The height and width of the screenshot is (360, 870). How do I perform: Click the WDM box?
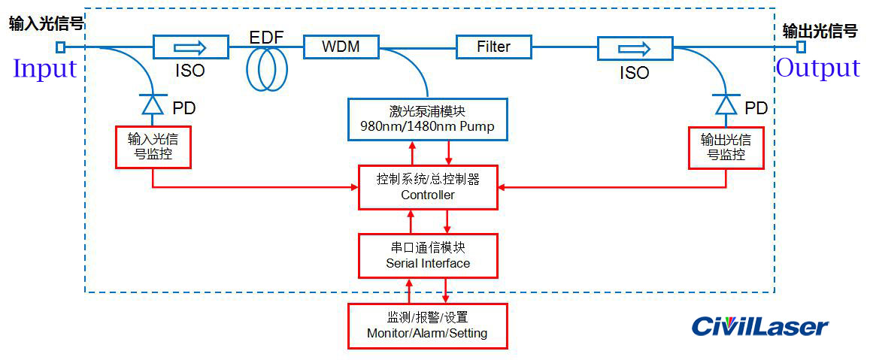341,47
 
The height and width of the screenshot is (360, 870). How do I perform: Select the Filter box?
493,47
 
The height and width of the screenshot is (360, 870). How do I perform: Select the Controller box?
427,187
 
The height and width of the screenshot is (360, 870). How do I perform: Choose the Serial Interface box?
427,255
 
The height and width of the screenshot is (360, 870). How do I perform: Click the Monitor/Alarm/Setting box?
427,325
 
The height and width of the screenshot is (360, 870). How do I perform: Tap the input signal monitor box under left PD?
153,147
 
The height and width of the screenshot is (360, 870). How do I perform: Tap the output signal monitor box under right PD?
726,147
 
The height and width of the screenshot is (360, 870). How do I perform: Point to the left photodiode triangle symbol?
153,104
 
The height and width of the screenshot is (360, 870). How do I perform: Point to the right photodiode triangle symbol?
726,104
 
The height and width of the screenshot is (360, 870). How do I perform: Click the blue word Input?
45,69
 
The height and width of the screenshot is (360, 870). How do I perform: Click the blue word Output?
817,68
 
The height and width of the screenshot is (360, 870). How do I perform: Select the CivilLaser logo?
759,326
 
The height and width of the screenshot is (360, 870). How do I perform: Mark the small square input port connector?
61,47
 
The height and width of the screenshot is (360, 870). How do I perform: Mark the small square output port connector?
802,47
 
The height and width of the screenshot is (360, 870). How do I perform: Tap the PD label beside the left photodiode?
183,108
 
